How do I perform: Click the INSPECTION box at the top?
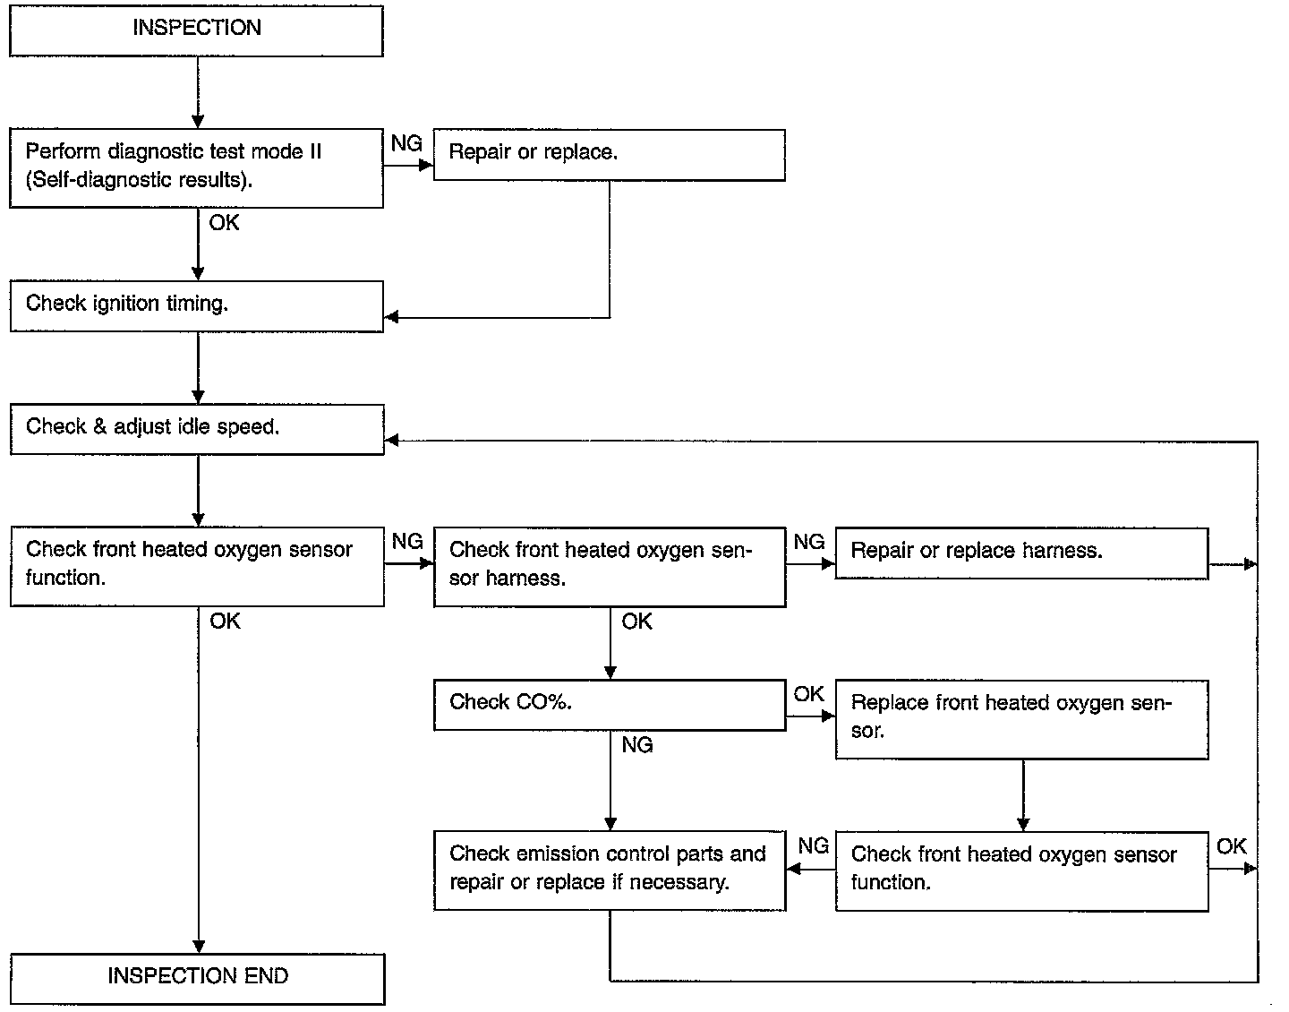coord(196,31)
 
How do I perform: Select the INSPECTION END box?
coord(198,979)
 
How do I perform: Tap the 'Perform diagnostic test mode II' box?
coord(196,167)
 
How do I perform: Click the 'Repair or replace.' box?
coord(610,155)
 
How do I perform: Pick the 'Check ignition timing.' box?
coord(197,306)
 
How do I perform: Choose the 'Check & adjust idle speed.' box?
coord(197,430)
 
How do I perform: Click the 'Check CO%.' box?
coord(610,705)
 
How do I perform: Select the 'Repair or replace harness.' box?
coord(1022,553)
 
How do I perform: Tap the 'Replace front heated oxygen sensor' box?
coord(1022,719)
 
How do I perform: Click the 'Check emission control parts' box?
coord(610,870)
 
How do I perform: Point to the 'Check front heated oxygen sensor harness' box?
coord(610,567)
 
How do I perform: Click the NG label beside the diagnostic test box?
coord(407,143)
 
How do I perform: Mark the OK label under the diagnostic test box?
coord(224,222)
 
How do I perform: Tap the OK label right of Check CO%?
coord(808,693)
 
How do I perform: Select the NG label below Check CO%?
coord(637,744)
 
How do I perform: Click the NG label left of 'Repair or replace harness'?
coord(809,541)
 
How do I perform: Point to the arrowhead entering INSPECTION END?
coord(199,947)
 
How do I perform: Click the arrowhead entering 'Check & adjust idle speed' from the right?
coord(391,440)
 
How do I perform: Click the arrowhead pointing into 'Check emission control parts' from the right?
coord(794,869)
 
